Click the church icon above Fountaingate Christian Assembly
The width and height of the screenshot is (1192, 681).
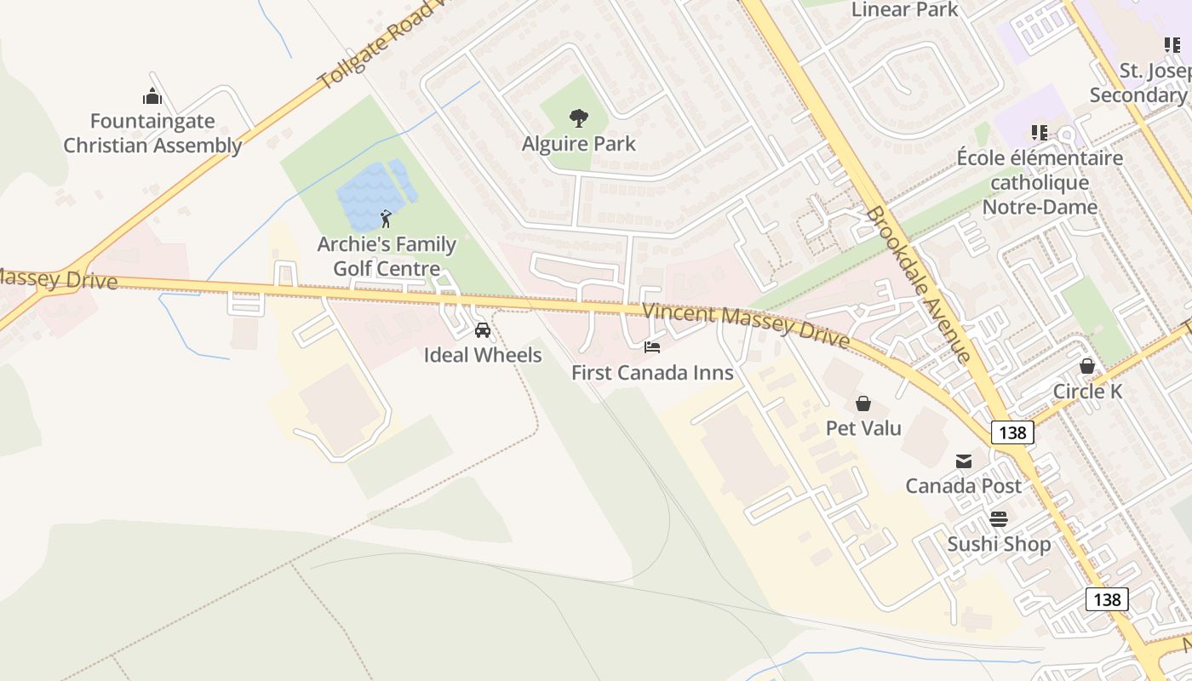152,95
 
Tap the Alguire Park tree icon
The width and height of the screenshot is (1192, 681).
579,117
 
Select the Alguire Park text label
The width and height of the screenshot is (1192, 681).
579,144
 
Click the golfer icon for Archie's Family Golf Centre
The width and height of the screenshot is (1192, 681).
386,219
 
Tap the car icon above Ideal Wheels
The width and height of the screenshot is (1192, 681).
482,329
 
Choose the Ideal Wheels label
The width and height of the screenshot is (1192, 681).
483,355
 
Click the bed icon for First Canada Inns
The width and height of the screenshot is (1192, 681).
652,347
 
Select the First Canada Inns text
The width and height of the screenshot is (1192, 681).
652,373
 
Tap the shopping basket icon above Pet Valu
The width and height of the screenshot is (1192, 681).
863,403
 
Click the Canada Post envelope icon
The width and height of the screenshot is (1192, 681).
964,461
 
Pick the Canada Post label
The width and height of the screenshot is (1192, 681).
963,486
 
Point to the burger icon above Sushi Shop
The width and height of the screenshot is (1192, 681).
999,518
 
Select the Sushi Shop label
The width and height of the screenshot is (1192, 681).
999,544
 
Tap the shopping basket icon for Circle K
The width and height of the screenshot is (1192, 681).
1087,366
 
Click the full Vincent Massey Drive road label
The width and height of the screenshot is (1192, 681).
746,325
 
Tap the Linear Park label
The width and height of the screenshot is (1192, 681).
904,10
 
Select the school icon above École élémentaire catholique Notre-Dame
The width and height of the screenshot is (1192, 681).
1039,132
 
